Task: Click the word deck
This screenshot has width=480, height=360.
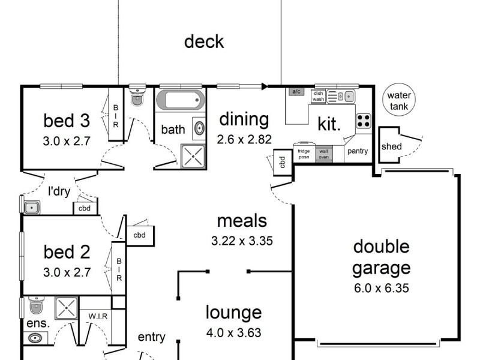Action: (x=203, y=41)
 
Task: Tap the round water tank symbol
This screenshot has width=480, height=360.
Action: (x=399, y=101)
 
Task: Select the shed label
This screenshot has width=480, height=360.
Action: (x=392, y=146)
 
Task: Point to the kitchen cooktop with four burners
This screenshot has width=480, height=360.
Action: (x=363, y=121)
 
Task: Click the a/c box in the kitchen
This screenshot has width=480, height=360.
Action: (x=295, y=92)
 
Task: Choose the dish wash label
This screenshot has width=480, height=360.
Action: (x=318, y=96)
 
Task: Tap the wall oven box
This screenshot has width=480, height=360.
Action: (x=323, y=153)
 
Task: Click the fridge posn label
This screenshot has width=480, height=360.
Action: (x=304, y=153)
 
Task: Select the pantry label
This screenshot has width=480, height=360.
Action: (x=358, y=151)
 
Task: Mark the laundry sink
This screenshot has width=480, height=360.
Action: (x=31, y=207)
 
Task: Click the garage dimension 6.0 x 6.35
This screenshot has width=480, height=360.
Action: (x=381, y=288)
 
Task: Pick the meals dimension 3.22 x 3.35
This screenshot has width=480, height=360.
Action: (x=242, y=242)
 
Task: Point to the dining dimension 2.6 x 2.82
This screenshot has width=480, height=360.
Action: (x=244, y=139)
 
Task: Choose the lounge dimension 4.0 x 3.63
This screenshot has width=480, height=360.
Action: (x=234, y=332)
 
